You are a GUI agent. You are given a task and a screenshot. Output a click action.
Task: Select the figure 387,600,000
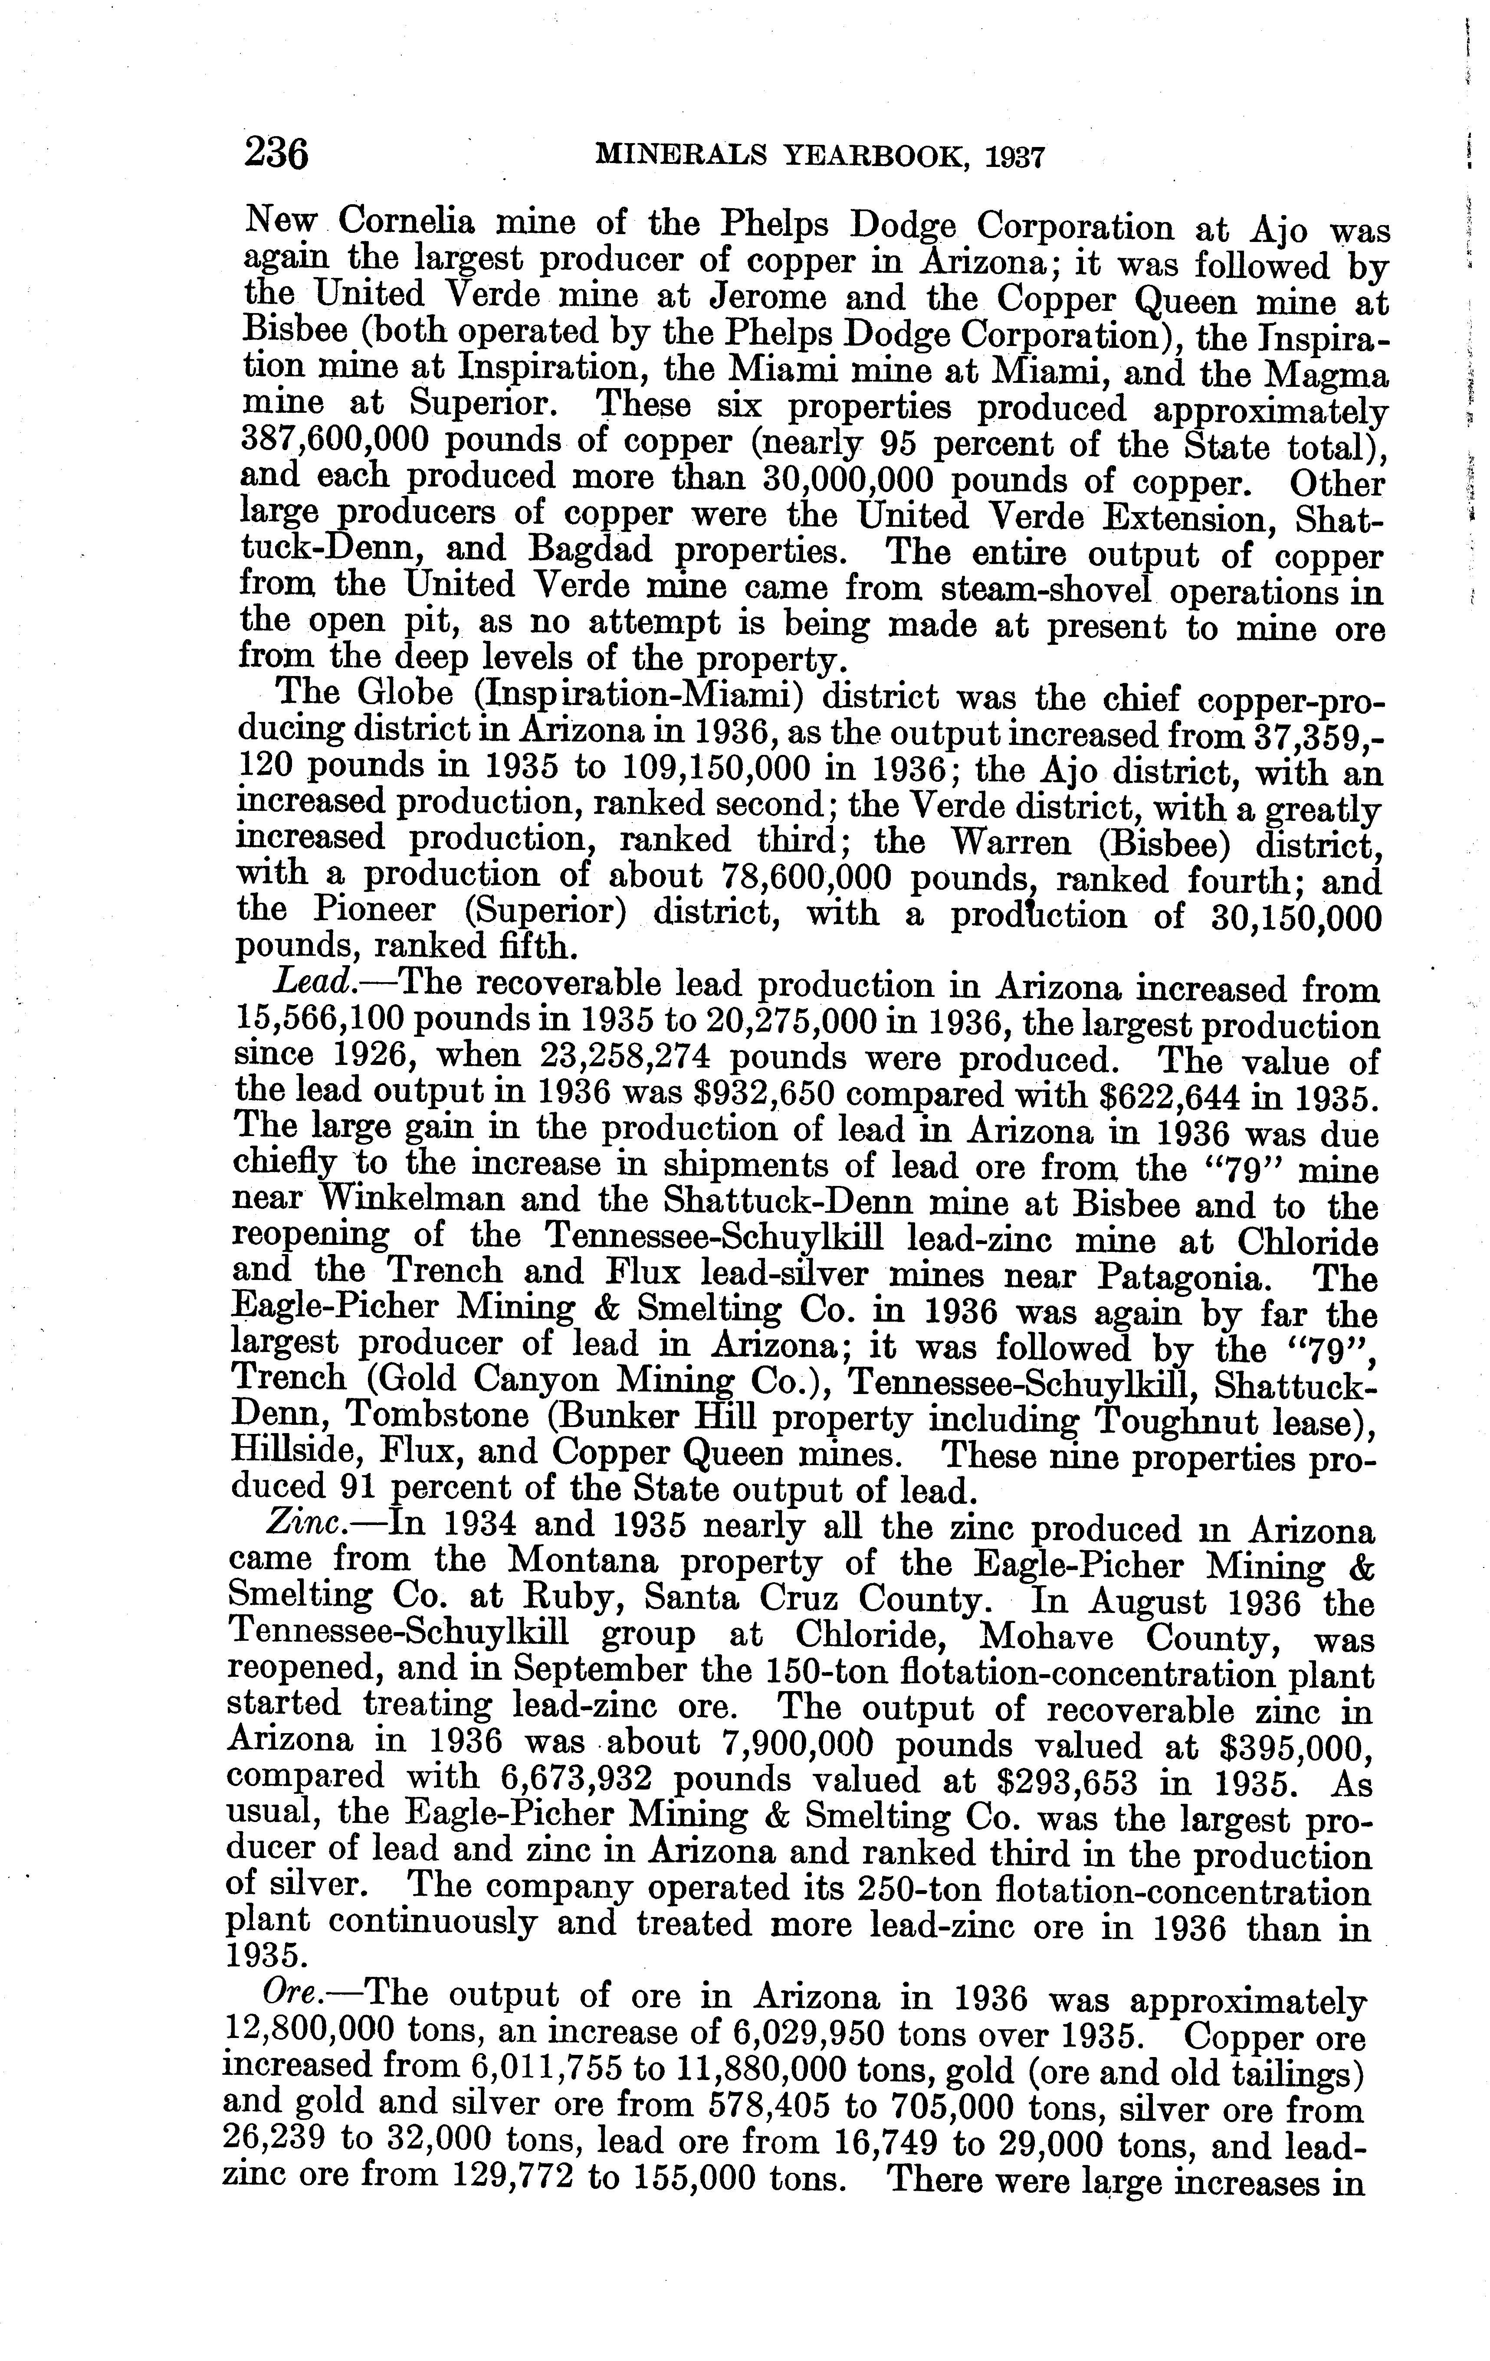(335, 441)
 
